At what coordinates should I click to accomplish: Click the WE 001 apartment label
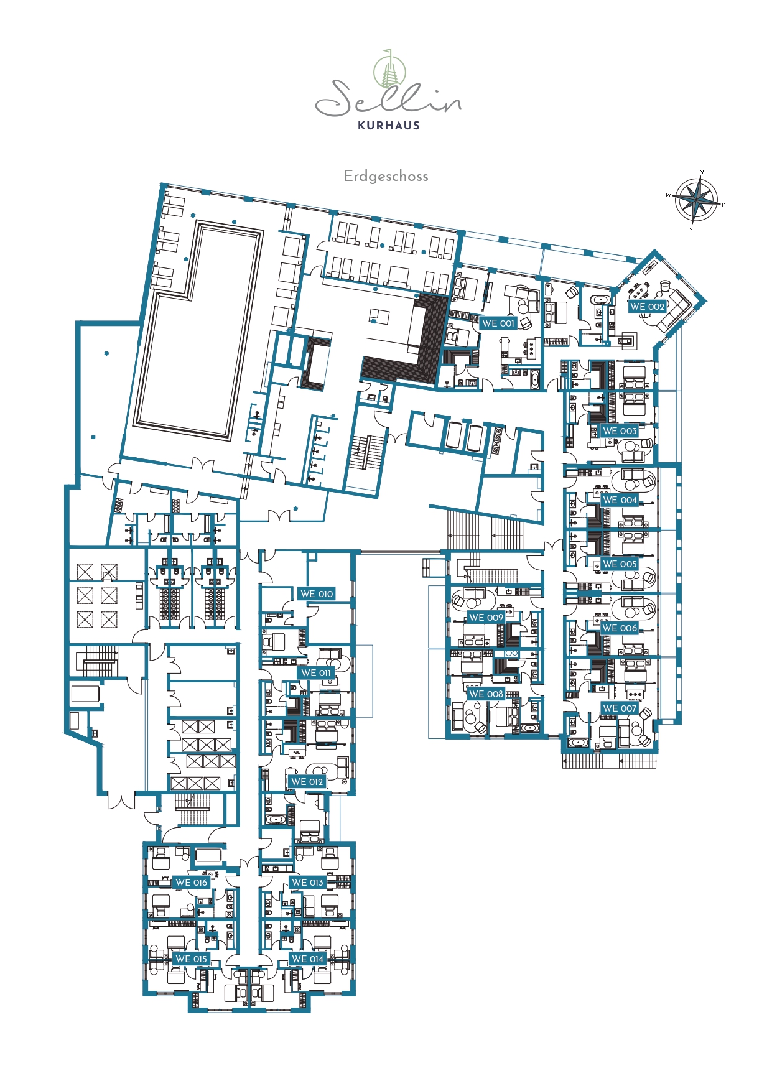point(498,323)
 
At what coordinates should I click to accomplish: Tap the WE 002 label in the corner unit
point(647,306)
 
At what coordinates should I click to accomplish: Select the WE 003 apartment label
point(620,430)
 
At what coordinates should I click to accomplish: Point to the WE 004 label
point(620,499)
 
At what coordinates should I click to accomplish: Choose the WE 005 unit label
point(620,564)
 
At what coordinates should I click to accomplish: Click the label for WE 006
point(620,628)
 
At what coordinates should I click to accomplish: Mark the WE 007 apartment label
point(620,708)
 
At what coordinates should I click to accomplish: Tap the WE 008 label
point(486,694)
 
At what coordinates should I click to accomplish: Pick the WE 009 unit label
point(486,617)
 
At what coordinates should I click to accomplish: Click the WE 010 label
point(317,593)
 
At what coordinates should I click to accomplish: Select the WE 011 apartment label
point(317,672)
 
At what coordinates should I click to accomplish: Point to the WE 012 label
point(307,781)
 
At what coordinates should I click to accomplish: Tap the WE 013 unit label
point(307,882)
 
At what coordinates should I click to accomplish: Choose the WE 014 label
point(307,959)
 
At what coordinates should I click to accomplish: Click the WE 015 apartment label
point(191,959)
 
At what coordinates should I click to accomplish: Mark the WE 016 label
point(191,882)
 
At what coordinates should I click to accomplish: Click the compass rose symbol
point(697,200)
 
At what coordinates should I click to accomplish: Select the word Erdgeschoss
point(386,176)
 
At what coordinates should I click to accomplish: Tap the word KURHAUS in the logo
point(389,125)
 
